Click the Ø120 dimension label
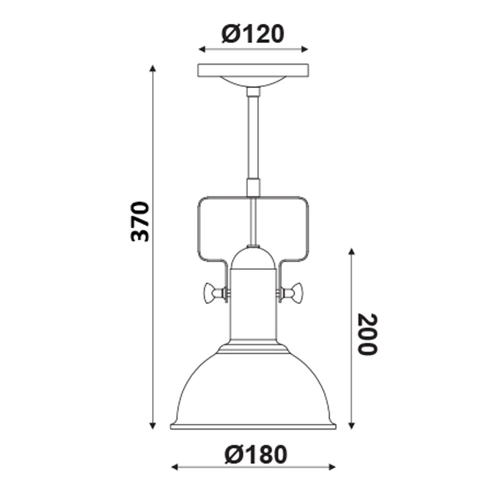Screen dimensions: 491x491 253,34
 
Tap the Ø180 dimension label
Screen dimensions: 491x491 256,454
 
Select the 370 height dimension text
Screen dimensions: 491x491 140,222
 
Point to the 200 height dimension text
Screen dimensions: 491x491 368,334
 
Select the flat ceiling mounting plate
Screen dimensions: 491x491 253,71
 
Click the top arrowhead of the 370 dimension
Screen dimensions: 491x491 152,69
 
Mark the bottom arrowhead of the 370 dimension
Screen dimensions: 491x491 152,425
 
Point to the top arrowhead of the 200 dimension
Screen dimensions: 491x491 351,252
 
